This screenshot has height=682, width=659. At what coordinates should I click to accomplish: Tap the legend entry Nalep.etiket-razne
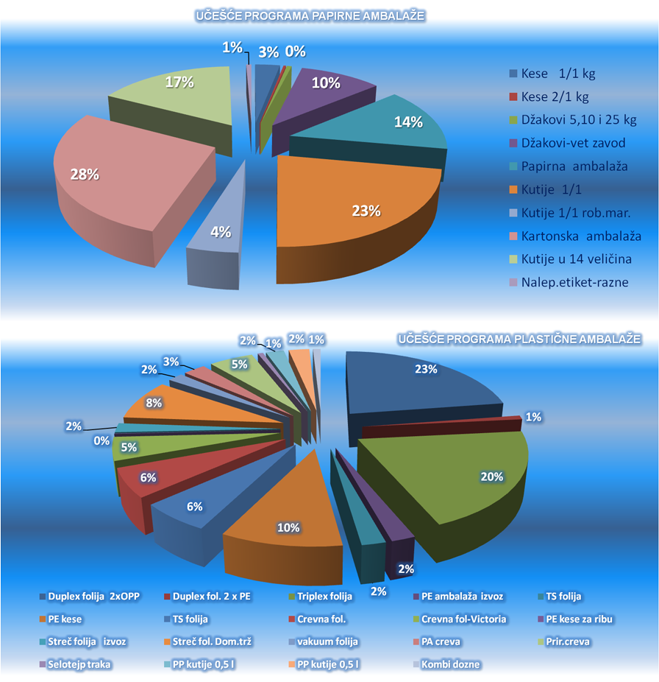(x=574, y=282)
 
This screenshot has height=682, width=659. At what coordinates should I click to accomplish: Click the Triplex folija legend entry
(x=318, y=596)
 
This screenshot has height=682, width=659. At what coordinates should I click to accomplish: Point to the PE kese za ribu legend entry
(x=577, y=619)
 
